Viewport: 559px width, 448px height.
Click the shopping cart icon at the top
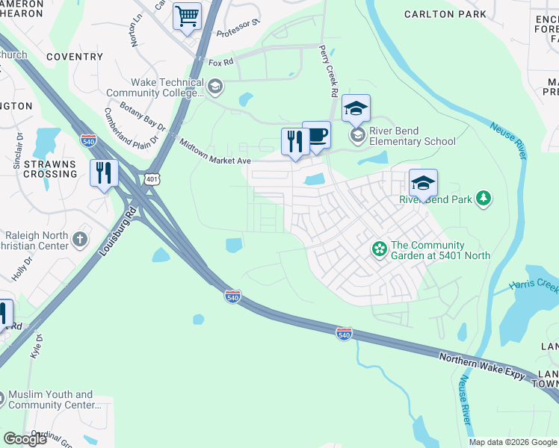pyautogui.click(x=187, y=16)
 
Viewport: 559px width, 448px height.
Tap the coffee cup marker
pyautogui.click(x=317, y=135)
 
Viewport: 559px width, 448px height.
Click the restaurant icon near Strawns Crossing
pyautogui.click(x=104, y=172)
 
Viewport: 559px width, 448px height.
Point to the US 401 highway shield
pyautogui.click(x=152, y=179)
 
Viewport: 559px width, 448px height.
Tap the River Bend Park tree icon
pyautogui.click(x=484, y=198)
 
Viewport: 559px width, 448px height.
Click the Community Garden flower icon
pyautogui.click(x=379, y=248)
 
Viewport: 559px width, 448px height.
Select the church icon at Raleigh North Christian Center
pyautogui.click(x=80, y=240)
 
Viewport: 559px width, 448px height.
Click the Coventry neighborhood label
pyautogui.click(x=74, y=57)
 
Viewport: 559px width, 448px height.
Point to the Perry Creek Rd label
pyautogui.click(x=327, y=72)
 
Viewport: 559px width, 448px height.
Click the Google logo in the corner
pyautogui.click(x=25, y=439)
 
